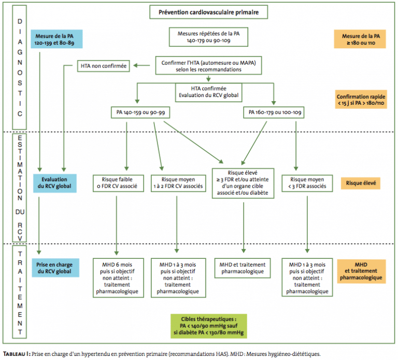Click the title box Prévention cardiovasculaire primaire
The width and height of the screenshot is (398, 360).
(x=209, y=12)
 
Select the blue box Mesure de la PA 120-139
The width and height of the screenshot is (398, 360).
(x=56, y=39)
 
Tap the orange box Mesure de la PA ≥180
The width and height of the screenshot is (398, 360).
(x=360, y=39)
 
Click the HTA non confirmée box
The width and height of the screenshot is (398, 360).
(x=104, y=66)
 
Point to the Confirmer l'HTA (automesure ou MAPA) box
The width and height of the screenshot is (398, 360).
(x=209, y=66)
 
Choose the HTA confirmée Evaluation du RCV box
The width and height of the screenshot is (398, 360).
(x=209, y=92)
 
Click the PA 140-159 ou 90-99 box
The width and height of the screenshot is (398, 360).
(x=140, y=113)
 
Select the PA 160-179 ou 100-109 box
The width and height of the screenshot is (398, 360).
(x=274, y=113)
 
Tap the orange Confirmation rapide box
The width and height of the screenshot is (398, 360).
(x=361, y=100)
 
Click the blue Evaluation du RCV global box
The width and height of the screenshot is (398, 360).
(x=55, y=183)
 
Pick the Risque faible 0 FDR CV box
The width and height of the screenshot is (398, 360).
(x=118, y=183)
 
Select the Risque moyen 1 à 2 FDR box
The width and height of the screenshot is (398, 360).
(x=178, y=183)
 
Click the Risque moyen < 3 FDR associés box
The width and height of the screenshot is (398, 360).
(x=307, y=183)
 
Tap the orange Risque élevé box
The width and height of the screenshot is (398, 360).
(x=361, y=183)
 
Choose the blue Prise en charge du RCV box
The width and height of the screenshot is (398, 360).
(x=55, y=268)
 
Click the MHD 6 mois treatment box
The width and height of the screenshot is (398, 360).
(x=118, y=278)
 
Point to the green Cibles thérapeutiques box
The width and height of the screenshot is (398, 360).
(x=209, y=326)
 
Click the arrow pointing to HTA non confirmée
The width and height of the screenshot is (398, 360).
(x=141, y=65)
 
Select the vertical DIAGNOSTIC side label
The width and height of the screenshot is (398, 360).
(x=20, y=67)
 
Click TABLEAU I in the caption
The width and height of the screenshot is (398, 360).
(x=16, y=354)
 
